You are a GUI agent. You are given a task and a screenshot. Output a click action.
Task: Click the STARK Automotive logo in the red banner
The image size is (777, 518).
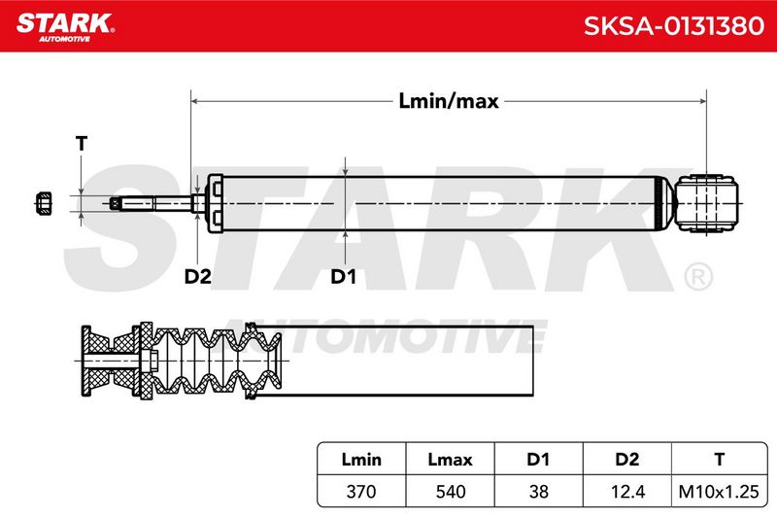pyautogui.click(x=65, y=27)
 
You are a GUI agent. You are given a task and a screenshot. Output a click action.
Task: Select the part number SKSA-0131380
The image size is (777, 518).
pyautogui.click(x=673, y=26)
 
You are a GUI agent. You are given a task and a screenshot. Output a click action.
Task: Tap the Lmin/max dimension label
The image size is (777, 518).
pyautogui.click(x=449, y=101)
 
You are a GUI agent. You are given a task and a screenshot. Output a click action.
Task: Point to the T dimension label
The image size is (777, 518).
pyautogui.click(x=82, y=144)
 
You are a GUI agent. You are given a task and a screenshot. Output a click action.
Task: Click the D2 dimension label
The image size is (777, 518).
pyautogui.click(x=198, y=277)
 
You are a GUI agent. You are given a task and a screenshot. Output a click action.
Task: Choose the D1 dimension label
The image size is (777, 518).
pyautogui.click(x=344, y=277)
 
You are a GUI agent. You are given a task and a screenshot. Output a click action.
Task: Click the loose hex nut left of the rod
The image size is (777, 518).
pyautogui.click(x=44, y=203)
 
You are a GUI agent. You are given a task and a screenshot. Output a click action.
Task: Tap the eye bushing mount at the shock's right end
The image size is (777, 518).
pyautogui.click(x=706, y=203)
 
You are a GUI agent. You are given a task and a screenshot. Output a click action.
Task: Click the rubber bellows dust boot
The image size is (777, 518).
pyautogui.click(x=216, y=361)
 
